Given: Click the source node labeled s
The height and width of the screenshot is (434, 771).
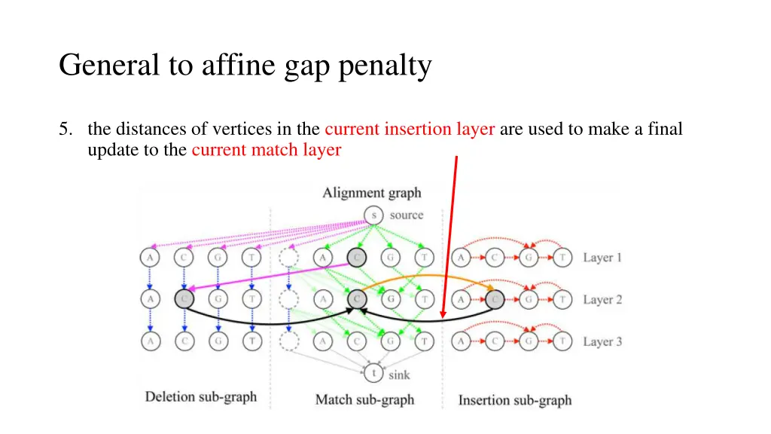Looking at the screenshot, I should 373,215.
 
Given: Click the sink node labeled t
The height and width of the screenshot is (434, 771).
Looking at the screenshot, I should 373,372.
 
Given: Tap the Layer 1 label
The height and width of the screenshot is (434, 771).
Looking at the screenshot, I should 602,258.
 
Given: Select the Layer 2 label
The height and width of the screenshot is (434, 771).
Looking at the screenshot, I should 602,300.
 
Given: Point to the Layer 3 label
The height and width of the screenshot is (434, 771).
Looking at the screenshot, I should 602,342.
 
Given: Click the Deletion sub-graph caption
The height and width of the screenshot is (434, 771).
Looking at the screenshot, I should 200,397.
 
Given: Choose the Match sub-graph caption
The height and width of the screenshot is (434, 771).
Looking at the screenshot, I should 364,400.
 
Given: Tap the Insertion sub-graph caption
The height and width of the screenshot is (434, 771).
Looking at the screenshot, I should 515,400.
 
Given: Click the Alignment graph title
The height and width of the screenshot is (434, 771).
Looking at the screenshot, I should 372,193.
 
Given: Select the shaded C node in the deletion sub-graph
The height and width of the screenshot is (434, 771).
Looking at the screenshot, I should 184,299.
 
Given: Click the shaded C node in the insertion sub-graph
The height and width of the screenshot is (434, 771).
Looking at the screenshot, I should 494,300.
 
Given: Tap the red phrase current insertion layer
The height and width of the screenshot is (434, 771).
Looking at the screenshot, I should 410,129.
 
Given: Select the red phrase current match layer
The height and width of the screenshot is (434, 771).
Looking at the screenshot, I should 267,150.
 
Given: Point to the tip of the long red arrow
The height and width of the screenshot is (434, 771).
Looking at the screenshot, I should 443,317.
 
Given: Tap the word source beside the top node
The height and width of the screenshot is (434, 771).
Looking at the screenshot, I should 407,215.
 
